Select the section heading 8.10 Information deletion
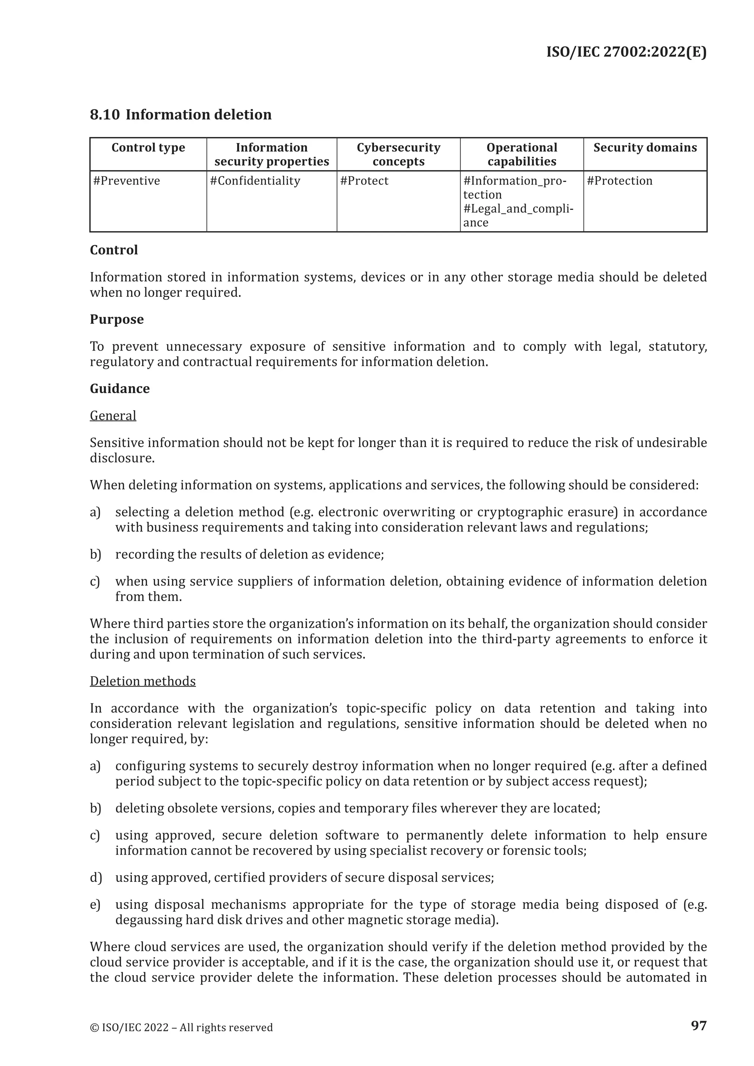click(x=181, y=115)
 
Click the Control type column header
click(x=148, y=148)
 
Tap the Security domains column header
click(x=645, y=148)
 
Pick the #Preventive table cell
click(x=127, y=181)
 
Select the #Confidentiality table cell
click(x=255, y=181)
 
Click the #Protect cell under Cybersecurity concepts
click(x=364, y=181)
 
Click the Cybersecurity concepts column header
click(x=398, y=155)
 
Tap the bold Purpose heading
click(x=117, y=320)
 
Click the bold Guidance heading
click(x=120, y=389)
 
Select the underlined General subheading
click(x=113, y=416)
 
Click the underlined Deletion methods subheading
click(x=142, y=681)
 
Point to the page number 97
click(x=699, y=1025)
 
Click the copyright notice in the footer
click(x=181, y=1027)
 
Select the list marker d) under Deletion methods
click(x=95, y=878)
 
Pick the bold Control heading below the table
click(x=114, y=250)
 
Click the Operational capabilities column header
click(x=521, y=155)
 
